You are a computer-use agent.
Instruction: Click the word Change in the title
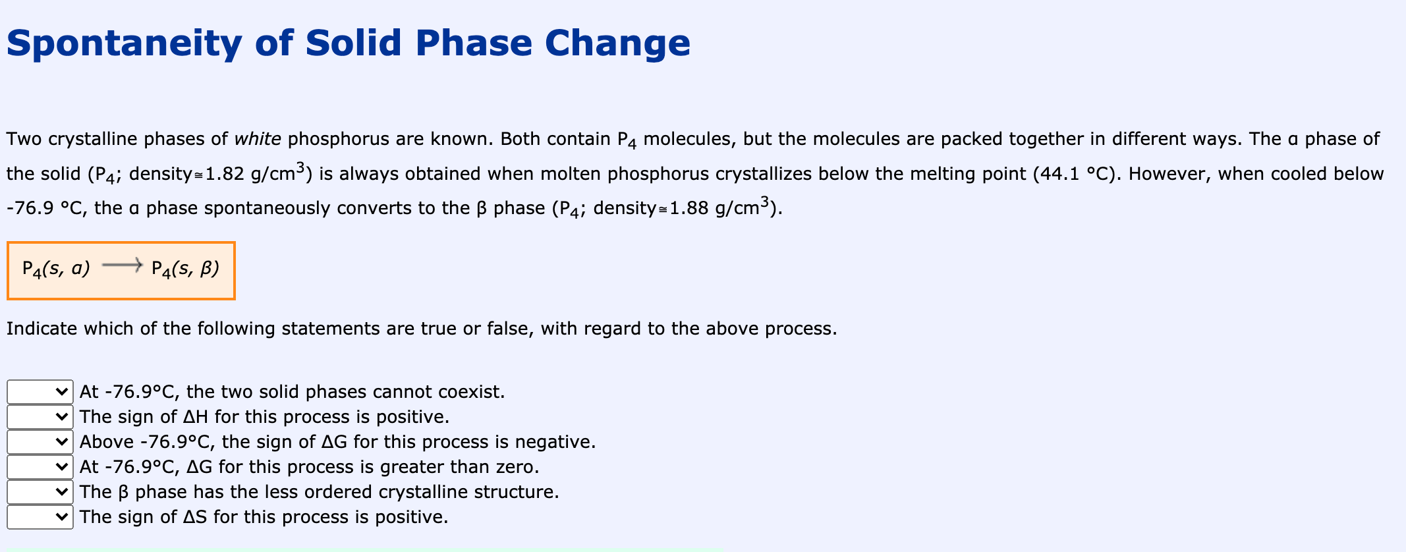click(x=617, y=43)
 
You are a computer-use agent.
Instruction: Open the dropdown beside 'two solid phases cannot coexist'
click(x=40, y=392)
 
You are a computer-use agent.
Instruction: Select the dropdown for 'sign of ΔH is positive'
click(x=40, y=417)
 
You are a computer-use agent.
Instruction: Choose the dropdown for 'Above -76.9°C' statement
click(x=40, y=442)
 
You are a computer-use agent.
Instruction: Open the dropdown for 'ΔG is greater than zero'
click(x=40, y=467)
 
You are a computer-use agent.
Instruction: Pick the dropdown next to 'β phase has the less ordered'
click(x=40, y=492)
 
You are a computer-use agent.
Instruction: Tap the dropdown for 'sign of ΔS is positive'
click(x=40, y=517)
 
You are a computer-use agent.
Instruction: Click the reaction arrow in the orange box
click(x=121, y=265)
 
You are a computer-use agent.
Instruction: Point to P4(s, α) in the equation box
click(x=56, y=269)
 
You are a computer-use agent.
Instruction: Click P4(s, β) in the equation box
click(x=185, y=269)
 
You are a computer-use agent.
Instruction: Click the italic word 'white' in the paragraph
click(x=258, y=139)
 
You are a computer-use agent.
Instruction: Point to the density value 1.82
click(x=225, y=174)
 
